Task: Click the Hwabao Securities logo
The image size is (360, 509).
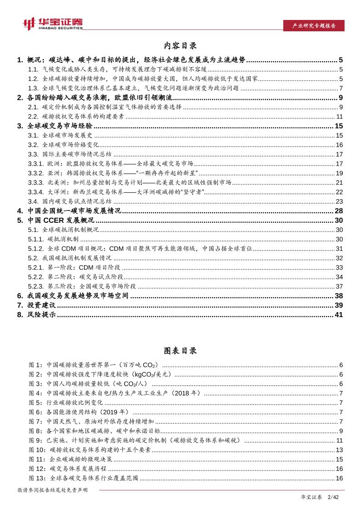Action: pyautogui.click(x=53, y=23)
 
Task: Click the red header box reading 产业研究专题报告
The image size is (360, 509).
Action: pyautogui.click(x=313, y=26)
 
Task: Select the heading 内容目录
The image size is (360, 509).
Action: pyautogui.click(x=180, y=46)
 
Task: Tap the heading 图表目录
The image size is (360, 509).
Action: pyautogui.click(x=180, y=351)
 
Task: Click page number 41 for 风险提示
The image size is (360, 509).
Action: pyautogui.click(x=339, y=315)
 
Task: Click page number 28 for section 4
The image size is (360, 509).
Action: pyautogui.click(x=339, y=211)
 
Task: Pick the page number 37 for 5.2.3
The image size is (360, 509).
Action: pyautogui.click(x=339, y=286)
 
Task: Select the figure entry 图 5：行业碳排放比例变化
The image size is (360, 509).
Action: pyautogui.click(x=66, y=402)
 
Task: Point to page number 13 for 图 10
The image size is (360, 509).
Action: pyautogui.click(x=339, y=450)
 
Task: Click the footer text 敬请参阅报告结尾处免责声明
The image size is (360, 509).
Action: pyautogui.click(x=52, y=490)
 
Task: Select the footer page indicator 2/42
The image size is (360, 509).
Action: pyautogui.click(x=333, y=498)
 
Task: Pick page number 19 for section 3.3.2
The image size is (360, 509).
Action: pyautogui.click(x=339, y=173)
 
